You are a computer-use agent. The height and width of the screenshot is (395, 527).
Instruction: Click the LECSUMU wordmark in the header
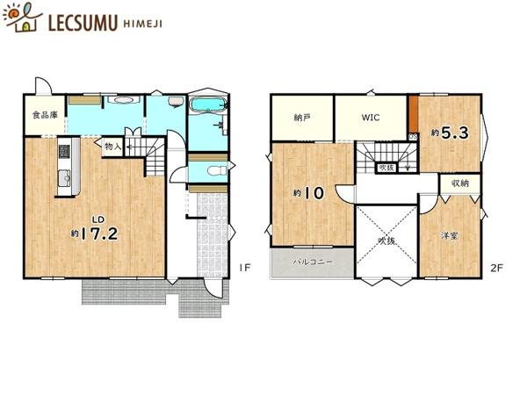[83, 23]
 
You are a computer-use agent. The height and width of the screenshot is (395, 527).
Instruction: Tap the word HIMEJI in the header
[143, 24]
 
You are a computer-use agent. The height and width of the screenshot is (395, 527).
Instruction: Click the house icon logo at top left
[22, 17]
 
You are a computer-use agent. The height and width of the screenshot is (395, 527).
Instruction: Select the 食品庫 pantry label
[45, 115]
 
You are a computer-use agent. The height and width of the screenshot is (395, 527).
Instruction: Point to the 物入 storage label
[113, 147]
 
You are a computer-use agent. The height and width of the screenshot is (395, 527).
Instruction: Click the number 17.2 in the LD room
[99, 233]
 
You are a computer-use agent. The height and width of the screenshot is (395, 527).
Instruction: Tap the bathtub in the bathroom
[207, 104]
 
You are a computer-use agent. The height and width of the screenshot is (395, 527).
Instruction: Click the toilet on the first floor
[218, 171]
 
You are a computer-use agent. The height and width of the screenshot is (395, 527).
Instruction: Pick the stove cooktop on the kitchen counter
[64, 152]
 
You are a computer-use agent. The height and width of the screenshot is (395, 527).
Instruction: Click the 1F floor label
[245, 268]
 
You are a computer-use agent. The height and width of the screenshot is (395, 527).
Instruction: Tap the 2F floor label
[497, 268]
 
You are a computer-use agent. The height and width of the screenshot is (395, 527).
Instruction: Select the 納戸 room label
[302, 118]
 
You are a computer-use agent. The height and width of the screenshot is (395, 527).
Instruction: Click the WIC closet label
[371, 118]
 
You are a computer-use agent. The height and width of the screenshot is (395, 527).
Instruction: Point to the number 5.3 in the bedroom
[454, 133]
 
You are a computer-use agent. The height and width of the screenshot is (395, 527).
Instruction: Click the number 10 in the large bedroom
[314, 193]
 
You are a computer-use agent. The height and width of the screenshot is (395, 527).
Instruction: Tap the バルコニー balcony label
[313, 262]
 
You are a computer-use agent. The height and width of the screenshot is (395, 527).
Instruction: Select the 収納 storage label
[460, 183]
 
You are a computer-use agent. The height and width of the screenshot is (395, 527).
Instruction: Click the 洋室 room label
[450, 236]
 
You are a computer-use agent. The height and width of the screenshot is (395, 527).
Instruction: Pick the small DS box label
[413, 137]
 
